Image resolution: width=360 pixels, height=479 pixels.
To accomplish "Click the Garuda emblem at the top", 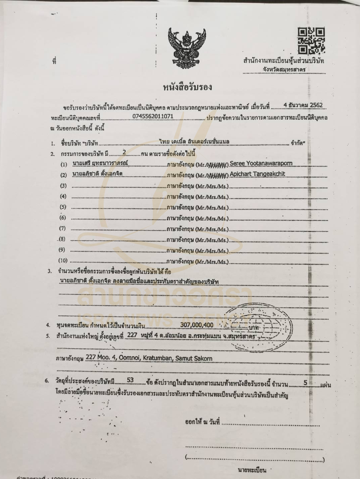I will point(187,48).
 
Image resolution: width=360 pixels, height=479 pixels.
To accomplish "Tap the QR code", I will point(311,41).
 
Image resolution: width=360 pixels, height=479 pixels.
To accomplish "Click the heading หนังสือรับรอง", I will point(187,87).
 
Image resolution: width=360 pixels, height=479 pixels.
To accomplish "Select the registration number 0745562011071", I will point(153,116).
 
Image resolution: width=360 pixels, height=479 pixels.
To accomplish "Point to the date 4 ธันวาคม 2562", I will point(303,105).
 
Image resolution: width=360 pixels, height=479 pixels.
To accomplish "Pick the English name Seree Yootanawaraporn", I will point(261,163).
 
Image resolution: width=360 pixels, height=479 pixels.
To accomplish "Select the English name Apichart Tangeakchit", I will point(257,174).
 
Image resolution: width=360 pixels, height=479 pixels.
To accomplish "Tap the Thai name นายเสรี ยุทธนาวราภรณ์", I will point(100,164).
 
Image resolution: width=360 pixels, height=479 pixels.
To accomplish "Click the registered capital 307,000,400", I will point(197,325).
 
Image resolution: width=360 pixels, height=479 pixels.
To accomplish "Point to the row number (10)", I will point(63,260).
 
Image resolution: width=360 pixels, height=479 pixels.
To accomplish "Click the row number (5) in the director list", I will point(63,207).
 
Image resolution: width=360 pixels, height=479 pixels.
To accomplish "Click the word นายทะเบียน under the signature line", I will point(252,470).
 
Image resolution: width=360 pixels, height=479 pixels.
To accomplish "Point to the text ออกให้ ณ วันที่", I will point(202,422).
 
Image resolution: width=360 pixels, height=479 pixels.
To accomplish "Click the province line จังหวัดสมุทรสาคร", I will point(284,70).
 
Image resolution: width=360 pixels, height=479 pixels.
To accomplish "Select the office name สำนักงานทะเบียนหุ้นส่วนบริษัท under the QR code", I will point(284,61).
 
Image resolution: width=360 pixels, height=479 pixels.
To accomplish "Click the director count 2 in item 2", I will point(124,152).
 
